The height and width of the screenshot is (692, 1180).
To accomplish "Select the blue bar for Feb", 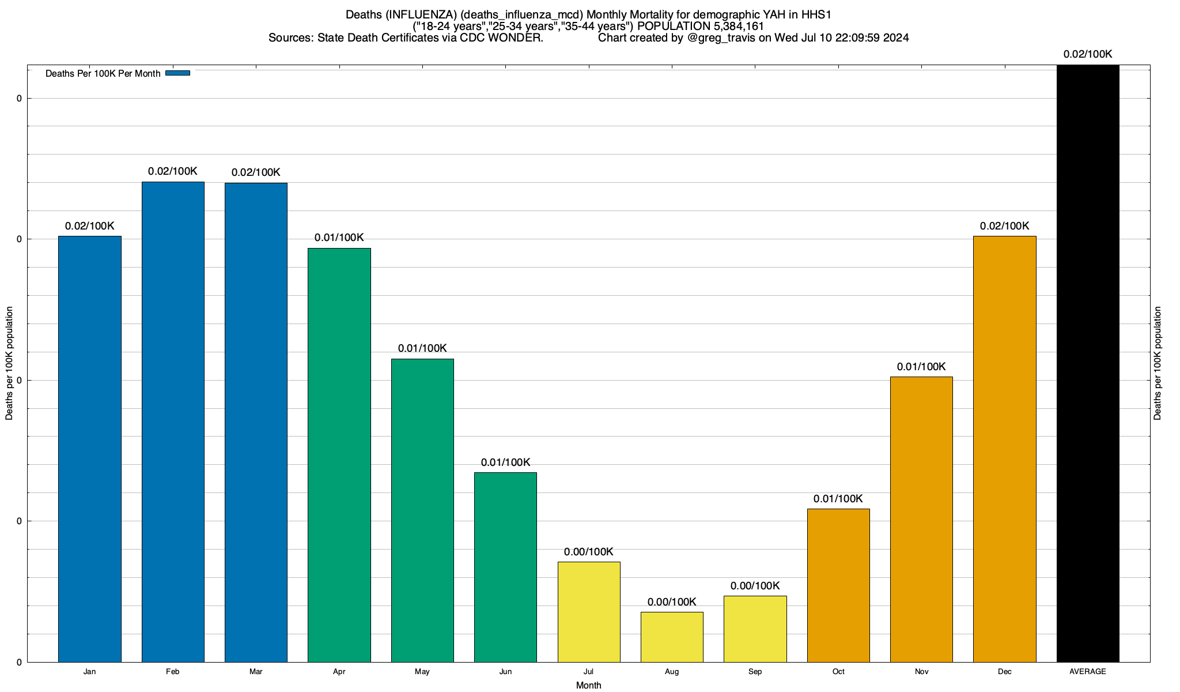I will [x=173, y=422].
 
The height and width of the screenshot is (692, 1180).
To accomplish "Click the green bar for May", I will [x=422, y=510].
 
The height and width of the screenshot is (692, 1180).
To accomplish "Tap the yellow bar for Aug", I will [x=672, y=637].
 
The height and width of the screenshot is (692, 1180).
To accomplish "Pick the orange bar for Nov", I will [x=921, y=519].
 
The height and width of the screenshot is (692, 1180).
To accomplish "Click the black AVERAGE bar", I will [x=1088, y=363].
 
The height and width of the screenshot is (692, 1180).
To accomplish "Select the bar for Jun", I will [x=505, y=567].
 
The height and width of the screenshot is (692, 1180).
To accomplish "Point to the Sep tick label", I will [x=755, y=672].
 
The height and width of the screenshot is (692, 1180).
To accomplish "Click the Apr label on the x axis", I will [x=339, y=672].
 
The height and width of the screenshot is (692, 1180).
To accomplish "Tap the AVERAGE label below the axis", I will [x=1088, y=672].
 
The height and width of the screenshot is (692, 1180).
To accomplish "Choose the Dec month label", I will [x=1004, y=672].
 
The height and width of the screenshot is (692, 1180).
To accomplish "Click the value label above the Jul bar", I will [x=589, y=552].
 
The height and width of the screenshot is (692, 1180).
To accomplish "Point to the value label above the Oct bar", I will [x=838, y=499].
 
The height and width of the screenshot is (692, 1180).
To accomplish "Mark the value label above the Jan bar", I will [x=90, y=226].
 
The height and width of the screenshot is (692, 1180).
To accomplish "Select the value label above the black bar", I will [x=1088, y=54].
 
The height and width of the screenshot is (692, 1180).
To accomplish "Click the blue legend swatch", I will [x=177, y=73].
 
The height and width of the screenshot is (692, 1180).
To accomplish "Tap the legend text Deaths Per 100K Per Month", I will [x=103, y=74].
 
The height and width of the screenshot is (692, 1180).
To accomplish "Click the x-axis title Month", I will [x=588, y=685].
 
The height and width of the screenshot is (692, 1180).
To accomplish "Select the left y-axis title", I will [x=9, y=363].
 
